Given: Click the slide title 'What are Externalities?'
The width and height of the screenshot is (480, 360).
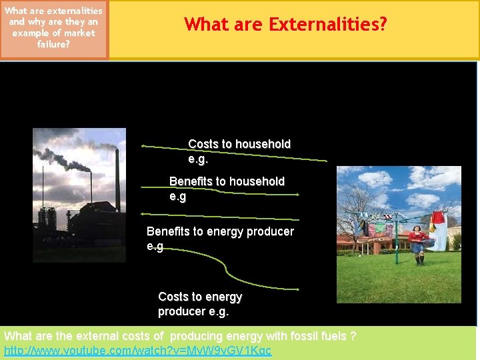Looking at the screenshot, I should [x=285, y=25].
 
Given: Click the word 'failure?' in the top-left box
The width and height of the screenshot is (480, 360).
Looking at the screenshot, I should [x=53, y=44].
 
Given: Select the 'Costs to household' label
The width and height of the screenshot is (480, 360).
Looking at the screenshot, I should [x=239, y=144].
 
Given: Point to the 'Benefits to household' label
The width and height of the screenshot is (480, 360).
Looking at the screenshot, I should [x=227, y=181].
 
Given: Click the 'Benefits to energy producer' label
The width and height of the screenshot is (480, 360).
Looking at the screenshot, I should [x=220, y=231].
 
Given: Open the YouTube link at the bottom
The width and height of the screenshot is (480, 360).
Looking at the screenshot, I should [x=138, y=351].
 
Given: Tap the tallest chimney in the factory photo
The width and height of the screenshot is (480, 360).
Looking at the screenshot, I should [x=117, y=180].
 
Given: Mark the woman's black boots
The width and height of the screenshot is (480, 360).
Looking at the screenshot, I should [x=419, y=259].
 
